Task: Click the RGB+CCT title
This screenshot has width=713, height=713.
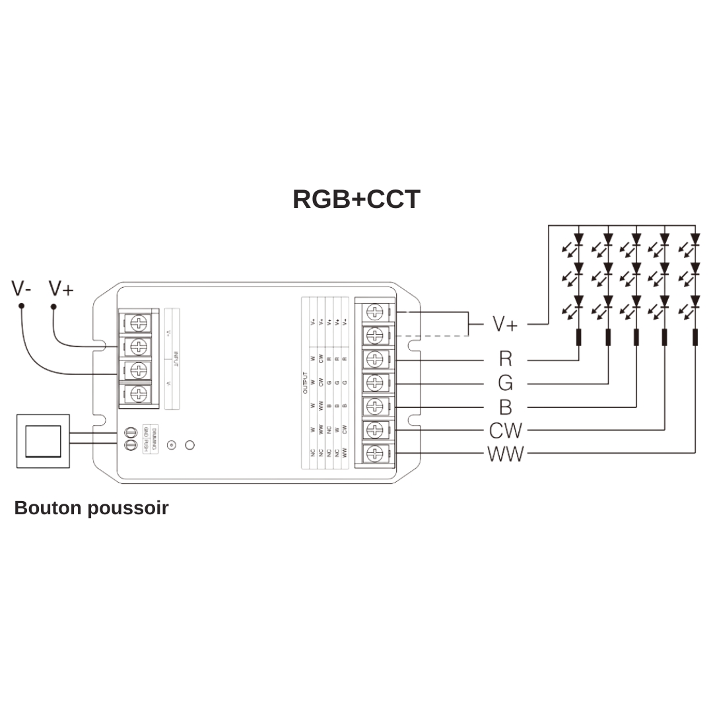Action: tap(356, 199)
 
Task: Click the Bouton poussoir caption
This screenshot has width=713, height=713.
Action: tap(91, 508)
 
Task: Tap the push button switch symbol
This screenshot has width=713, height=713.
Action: tap(43, 441)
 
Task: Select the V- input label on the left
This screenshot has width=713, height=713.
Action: tap(22, 289)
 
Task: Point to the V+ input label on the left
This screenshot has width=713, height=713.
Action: tap(61, 289)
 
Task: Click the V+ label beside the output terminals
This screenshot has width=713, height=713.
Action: tap(505, 324)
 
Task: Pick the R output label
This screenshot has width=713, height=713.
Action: tap(505, 359)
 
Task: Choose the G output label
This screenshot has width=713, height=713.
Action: tap(505, 383)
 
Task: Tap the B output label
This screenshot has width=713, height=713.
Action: tap(505, 407)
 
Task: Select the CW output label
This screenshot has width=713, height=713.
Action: tap(505, 430)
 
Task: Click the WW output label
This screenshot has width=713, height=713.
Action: tap(505, 454)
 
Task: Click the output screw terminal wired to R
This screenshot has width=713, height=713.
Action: tap(374, 359)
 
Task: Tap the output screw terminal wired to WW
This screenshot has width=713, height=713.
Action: tap(374, 454)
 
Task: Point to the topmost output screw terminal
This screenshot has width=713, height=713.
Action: tap(374, 312)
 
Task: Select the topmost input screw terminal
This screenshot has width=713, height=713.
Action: tap(139, 322)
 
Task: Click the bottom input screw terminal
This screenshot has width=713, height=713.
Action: tap(139, 394)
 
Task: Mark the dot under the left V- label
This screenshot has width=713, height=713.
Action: tap(21, 306)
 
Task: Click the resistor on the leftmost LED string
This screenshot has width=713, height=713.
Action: tap(579, 337)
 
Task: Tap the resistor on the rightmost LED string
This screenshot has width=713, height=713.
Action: tap(695, 337)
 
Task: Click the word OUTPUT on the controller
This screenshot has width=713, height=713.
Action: tap(306, 383)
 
